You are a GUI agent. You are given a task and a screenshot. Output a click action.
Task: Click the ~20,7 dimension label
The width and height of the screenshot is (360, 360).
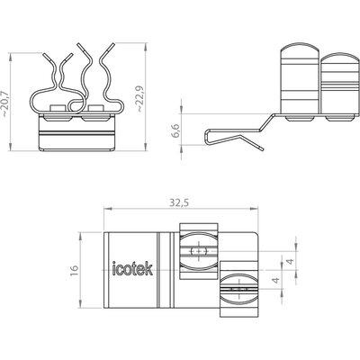tap(5, 103)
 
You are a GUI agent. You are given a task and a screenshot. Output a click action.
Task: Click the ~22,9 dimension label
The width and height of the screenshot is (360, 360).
tap(139, 99)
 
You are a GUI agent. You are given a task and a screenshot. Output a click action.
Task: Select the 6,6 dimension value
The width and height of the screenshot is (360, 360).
tap(175, 130)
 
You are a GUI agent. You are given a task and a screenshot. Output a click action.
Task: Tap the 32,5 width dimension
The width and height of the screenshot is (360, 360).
tap(178, 203)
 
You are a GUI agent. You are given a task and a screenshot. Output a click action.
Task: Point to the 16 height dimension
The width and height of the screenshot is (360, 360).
tap(75, 270)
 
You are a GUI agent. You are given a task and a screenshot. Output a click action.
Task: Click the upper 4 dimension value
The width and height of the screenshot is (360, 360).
tap(290, 262)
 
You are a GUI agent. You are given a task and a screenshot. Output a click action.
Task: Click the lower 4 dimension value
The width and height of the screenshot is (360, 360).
tap(275, 281)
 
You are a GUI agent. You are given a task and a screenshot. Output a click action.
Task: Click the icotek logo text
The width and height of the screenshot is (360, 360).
tap(132, 268)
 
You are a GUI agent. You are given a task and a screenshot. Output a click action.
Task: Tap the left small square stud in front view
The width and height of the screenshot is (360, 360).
tap(58, 109)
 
